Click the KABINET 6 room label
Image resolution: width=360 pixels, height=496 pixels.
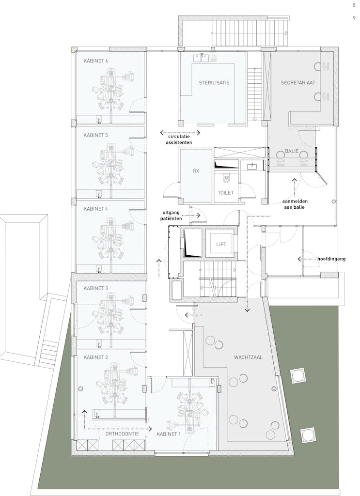coord(95,61)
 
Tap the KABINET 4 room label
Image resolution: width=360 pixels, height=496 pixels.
coord(95,209)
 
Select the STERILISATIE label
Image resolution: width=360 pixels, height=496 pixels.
coord(214,82)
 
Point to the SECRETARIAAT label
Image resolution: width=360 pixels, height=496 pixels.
coord(298,82)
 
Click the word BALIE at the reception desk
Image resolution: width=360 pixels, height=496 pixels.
coord(292,151)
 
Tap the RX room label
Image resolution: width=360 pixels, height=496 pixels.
coord(196,171)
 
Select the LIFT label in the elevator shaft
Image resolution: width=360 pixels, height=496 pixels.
coord(221,244)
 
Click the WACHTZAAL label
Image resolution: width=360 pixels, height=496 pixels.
coord(248,357)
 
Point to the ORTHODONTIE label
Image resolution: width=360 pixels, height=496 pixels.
coord(122,434)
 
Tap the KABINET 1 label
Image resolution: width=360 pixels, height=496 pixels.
coord(169,434)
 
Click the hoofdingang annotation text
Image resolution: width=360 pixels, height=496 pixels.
coord(331,259)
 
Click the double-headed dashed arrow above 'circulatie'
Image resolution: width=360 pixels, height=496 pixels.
coord(180,133)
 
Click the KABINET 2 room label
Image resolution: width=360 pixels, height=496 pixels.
coord(95,357)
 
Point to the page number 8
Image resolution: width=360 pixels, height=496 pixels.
coord(354,5)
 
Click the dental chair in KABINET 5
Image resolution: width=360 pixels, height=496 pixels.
coord(111,161)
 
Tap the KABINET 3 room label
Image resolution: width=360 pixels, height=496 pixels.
coord(95,288)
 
